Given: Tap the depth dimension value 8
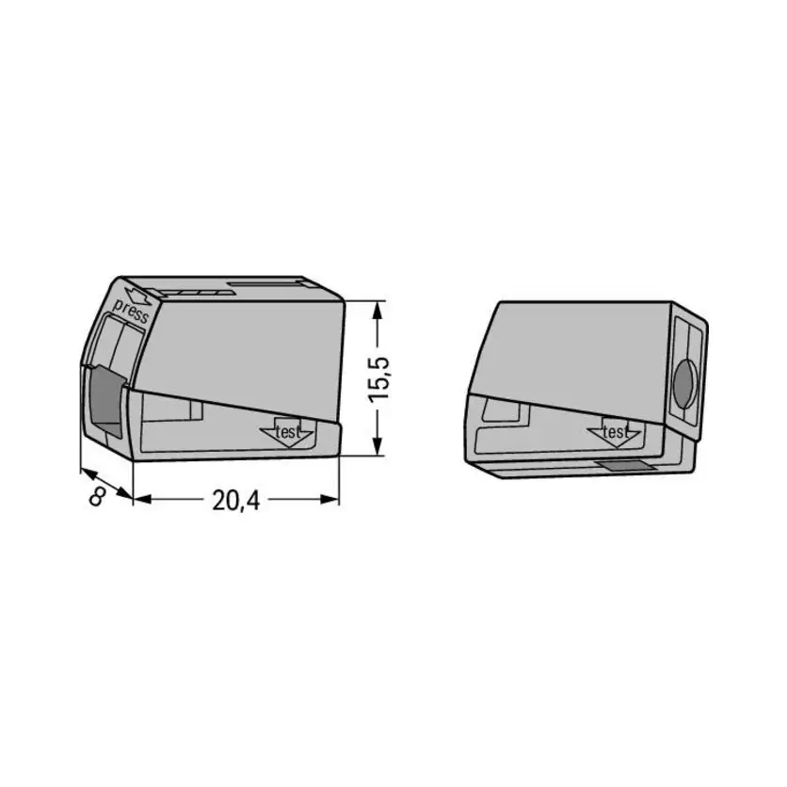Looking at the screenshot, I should pos(95,495).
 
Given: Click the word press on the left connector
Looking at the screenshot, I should pos(130,312).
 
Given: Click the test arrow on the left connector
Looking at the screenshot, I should pos(287,432).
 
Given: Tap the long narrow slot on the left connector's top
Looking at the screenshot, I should pos(269,282).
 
